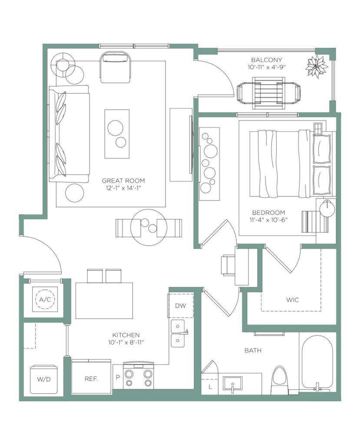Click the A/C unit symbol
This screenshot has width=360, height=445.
pos(45,299)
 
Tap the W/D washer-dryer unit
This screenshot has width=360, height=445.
pos(44,379)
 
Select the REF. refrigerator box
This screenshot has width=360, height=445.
pos(91,377)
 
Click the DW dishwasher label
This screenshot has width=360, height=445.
pos(180,306)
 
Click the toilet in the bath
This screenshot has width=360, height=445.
pos(279,381)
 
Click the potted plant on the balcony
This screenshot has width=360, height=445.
pos(316,66)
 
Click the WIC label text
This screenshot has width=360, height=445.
pos(293,300)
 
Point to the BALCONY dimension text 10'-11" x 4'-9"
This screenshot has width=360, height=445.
pos(266,67)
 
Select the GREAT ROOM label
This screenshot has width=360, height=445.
pos(123,180)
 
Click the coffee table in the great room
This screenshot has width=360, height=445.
pos(117,134)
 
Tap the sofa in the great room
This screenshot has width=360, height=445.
pos(69,134)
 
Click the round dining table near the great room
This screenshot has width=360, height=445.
pos(149,228)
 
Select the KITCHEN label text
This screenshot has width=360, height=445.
pos(126,335)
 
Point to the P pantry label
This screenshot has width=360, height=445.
pos(118,377)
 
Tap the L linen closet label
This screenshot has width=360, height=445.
pos(210,387)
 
